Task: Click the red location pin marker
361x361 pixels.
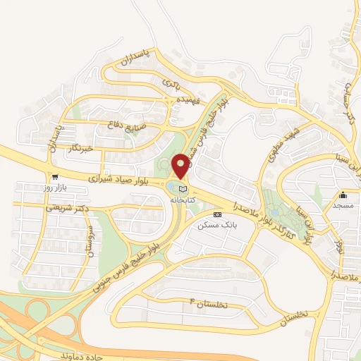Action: [x=180, y=166]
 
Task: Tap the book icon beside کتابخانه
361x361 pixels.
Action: [x=183, y=189]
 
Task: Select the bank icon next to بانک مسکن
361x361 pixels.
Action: [x=216, y=214]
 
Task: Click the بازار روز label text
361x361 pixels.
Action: [x=54, y=187]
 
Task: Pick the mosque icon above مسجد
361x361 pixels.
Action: [x=343, y=195]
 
